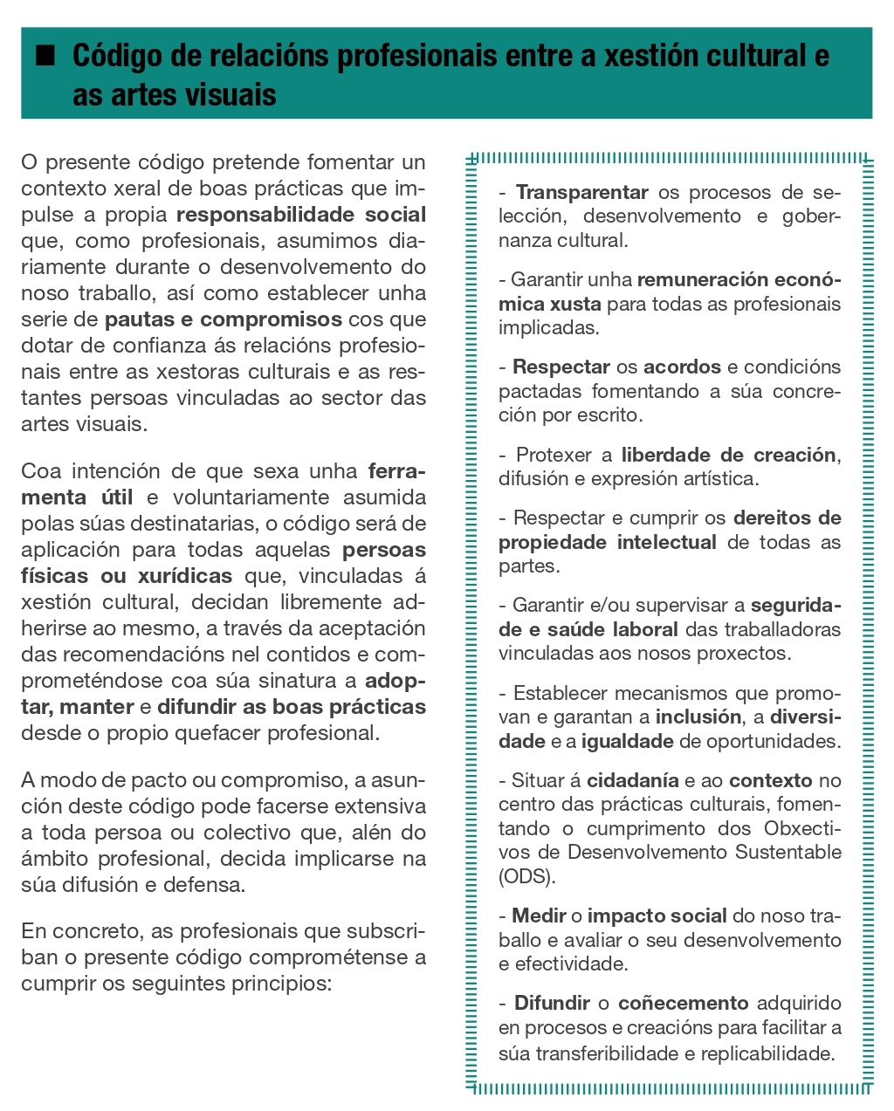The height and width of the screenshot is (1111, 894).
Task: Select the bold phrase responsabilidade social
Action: [x=301, y=215]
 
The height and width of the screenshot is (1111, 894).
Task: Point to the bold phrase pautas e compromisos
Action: [x=223, y=319]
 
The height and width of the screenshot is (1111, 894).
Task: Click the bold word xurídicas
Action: [x=185, y=576]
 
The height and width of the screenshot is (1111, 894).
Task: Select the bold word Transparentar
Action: [x=581, y=192]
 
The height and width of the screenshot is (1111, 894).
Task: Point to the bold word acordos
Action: [x=682, y=367]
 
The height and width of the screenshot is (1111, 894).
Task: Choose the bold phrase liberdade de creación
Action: [x=729, y=455]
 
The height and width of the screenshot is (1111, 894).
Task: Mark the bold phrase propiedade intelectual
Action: [x=607, y=542]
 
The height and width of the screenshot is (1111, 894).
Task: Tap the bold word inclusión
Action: [x=698, y=717]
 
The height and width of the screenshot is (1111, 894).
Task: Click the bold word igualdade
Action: [x=627, y=742]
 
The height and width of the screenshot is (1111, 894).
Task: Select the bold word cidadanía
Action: [x=632, y=781]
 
